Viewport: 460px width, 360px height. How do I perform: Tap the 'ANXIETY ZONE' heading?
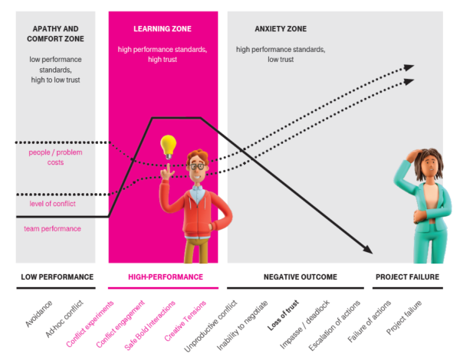point(281,30)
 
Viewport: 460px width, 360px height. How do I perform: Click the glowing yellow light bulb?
point(168,146)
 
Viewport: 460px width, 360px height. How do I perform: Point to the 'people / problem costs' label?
point(55,157)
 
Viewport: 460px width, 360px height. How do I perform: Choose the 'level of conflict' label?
point(51,203)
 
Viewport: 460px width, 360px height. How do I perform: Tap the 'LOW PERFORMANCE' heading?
point(57,277)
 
